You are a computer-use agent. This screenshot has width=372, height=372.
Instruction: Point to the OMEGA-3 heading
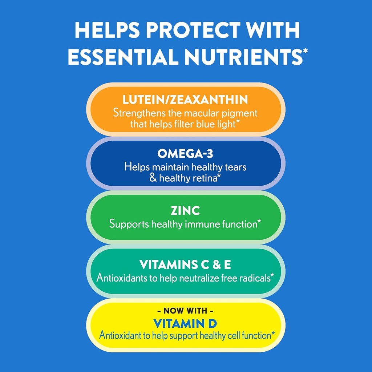[185, 154]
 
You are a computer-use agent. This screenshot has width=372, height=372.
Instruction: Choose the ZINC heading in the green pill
[185, 211]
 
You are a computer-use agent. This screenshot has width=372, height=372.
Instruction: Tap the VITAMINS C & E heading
[185, 265]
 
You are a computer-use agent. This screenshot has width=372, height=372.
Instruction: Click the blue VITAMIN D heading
[185, 323]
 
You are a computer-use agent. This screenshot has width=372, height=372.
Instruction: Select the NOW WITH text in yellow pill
[185, 311]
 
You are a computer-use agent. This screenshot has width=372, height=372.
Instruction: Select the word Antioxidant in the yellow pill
[122, 335]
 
